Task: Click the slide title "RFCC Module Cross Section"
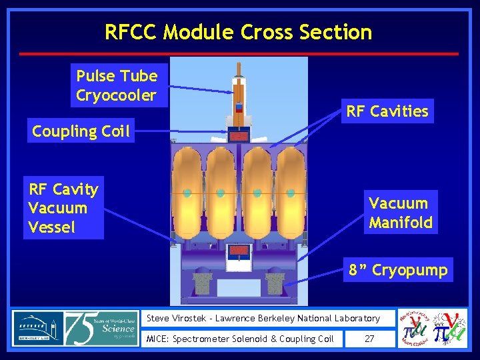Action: point(238,32)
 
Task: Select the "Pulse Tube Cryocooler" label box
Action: point(117,85)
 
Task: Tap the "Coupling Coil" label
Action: point(81,131)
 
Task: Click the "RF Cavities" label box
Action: point(387,111)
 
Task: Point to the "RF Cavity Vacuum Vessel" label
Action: point(63,208)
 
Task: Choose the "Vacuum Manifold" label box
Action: point(400,213)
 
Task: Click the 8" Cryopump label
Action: point(398,270)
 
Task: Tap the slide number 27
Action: point(369,339)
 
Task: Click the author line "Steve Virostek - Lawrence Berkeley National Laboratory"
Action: point(263,319)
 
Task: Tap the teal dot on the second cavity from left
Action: point(221,193)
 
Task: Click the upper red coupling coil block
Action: point(239,136)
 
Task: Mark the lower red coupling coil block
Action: point(239,251)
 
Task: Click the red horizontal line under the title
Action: point(239,53)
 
